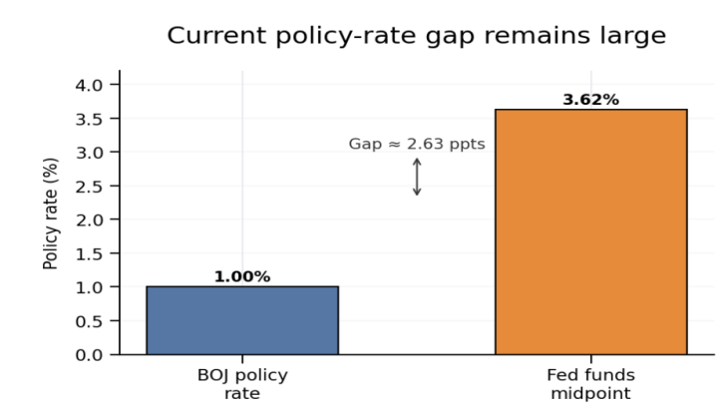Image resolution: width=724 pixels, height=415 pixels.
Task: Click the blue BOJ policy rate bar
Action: (242, 320)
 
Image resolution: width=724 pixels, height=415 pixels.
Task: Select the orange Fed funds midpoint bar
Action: (591, 232)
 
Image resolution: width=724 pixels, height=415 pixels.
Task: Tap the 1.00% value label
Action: (242, 276)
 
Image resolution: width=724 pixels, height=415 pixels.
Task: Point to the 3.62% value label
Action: (591, 100)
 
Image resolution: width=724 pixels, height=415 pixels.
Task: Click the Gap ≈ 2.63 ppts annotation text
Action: (417, 144)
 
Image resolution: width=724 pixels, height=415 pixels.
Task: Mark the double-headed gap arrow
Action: (417, 177)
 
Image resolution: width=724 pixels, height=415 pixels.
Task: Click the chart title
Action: (417, 36)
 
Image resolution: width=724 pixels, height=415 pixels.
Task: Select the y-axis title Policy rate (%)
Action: (50, 213)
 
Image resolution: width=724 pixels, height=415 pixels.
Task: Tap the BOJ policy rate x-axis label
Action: (242, 384)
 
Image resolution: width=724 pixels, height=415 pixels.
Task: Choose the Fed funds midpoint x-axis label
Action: (591, 384)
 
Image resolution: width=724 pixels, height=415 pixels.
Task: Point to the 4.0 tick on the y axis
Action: (89, 85)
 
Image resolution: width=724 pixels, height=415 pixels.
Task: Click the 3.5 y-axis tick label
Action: (89, 119)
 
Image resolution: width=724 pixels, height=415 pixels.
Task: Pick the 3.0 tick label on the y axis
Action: (89, 153)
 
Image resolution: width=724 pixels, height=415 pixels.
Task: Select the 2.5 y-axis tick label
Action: (89, 187)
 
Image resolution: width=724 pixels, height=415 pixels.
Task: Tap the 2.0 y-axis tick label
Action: (89, 220)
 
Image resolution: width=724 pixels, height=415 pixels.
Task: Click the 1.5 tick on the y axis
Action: (89, 253)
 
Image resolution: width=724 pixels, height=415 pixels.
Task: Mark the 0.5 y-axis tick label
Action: (89, 321)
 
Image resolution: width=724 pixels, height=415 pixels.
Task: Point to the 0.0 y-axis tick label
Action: (89, 355)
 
